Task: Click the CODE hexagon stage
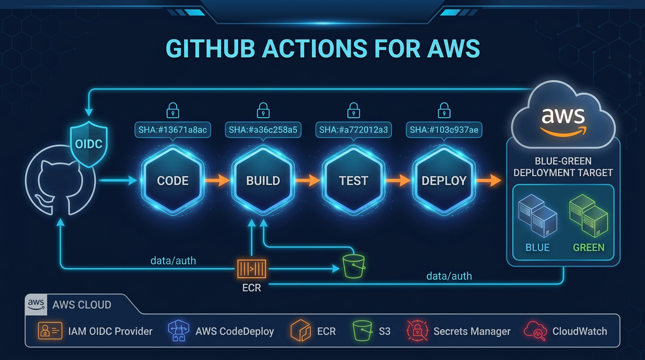[x=172, y=180]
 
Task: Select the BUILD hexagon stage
[x=263, y=180]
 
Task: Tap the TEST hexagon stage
[x=353, y=180]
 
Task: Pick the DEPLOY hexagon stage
[x=444, y=180]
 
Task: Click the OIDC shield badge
[x=89, y=143]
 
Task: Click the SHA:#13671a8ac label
[x=172, y=129]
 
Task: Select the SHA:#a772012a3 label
[x=353, y=129]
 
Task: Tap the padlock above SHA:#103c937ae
[x=444, y=111]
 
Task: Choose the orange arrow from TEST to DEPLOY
[x=398, y=180]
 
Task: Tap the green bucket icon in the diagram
[x=353, y=266]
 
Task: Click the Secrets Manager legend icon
[x=416, y=331]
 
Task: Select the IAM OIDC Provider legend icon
[x=50, y=331]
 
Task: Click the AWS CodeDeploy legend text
[x=234, y=331]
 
